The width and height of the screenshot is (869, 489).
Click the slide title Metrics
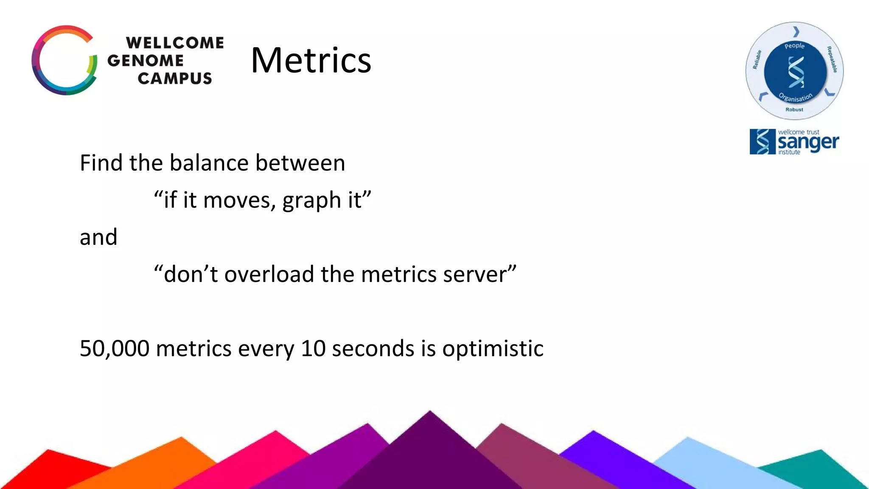pos(311,60)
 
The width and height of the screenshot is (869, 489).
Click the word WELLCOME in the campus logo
pos(175,43)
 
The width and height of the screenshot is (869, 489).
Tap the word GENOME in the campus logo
pos(146,61)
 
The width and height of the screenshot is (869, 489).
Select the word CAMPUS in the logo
pos(175,79)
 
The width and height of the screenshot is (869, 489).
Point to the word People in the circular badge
pos(794,46)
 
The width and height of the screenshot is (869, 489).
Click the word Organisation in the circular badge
pos(796,98)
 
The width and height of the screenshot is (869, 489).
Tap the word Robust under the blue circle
pos(794,110)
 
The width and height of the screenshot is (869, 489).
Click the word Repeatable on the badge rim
pos(832,59)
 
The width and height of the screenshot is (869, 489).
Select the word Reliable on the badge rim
pos(757,59)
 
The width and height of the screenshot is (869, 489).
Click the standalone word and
pos(98,237)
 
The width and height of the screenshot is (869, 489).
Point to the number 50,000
pos(115,348)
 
